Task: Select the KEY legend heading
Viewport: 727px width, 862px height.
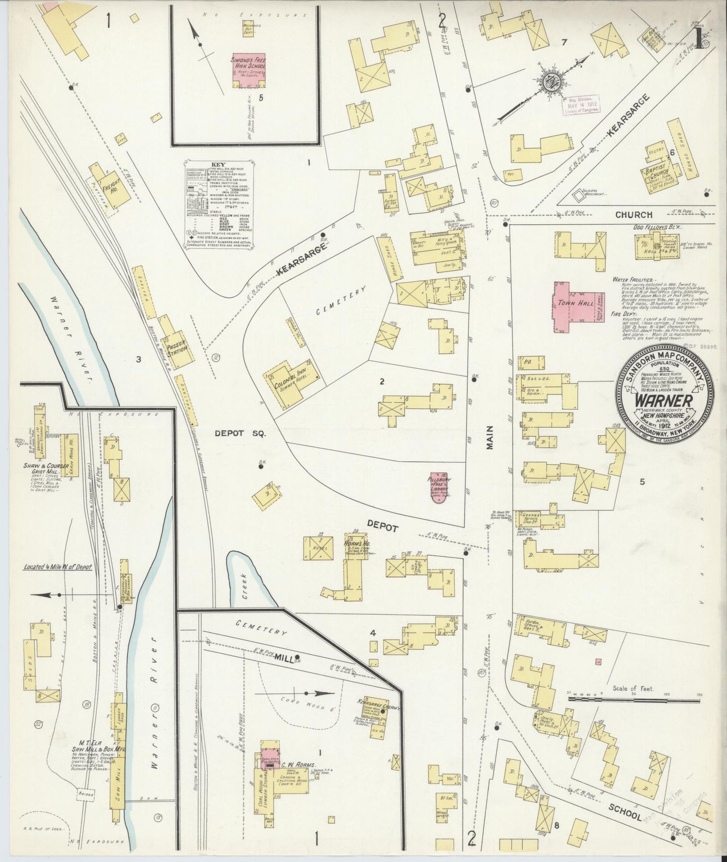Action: point(218,165)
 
